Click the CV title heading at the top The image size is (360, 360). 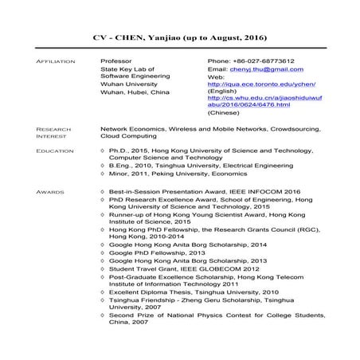pyautogui.click(x=179, y=38)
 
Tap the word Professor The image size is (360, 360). pyautogui.click(x=116, y=61)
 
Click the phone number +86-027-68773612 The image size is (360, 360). pyautogui.click(x=250, y=61)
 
